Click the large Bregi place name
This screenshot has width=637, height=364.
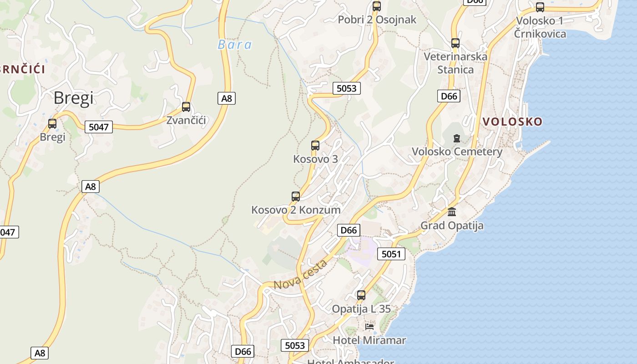coord(74,98)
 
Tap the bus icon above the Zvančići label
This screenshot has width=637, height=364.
coord(186,107)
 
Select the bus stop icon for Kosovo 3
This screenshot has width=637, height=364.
coord(315,146)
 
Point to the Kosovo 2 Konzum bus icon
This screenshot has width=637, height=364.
coord(296,197)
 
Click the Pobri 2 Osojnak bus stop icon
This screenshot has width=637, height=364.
coord(377,6)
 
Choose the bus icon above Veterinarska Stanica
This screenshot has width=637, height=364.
coord(455,43)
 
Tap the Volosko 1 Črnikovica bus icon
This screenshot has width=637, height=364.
coord(540,7)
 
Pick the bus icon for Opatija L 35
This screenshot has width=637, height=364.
coord(361,295)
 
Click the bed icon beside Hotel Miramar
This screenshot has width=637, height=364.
coord(369,327)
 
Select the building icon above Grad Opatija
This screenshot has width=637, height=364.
coord(452,212)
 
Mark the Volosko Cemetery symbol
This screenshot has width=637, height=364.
coord(457,138)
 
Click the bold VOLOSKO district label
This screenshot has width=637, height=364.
coord(513,121)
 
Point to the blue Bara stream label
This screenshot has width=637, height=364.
coord(235,45)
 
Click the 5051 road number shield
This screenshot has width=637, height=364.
coord(391,254)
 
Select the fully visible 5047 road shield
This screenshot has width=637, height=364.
coord(99,127)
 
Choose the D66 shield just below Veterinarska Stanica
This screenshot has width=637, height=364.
coord(449,96)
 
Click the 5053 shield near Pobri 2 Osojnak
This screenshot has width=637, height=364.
coord(346,88)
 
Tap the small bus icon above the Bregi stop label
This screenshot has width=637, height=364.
coord(52,124)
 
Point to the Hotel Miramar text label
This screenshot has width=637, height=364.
coord(369,340)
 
